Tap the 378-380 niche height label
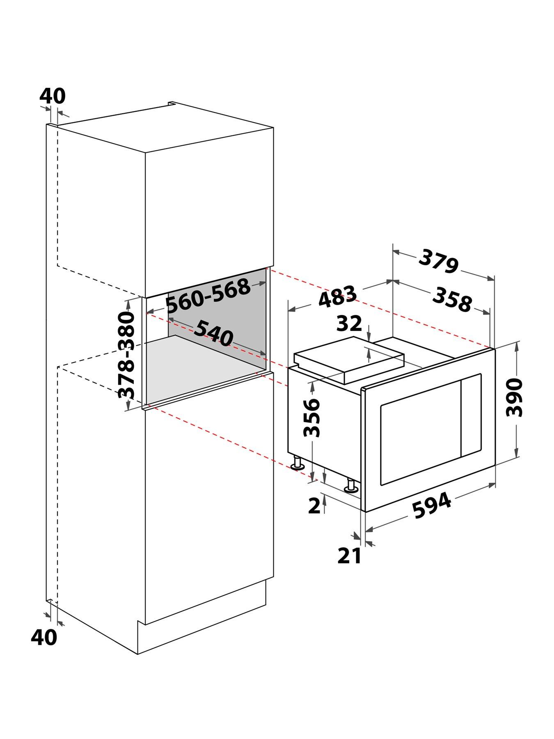click(x=126, y=355)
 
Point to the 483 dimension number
click(x=338, y=296)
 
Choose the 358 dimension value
click(x=452, y=299)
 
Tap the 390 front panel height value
click(x=515, y=398)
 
